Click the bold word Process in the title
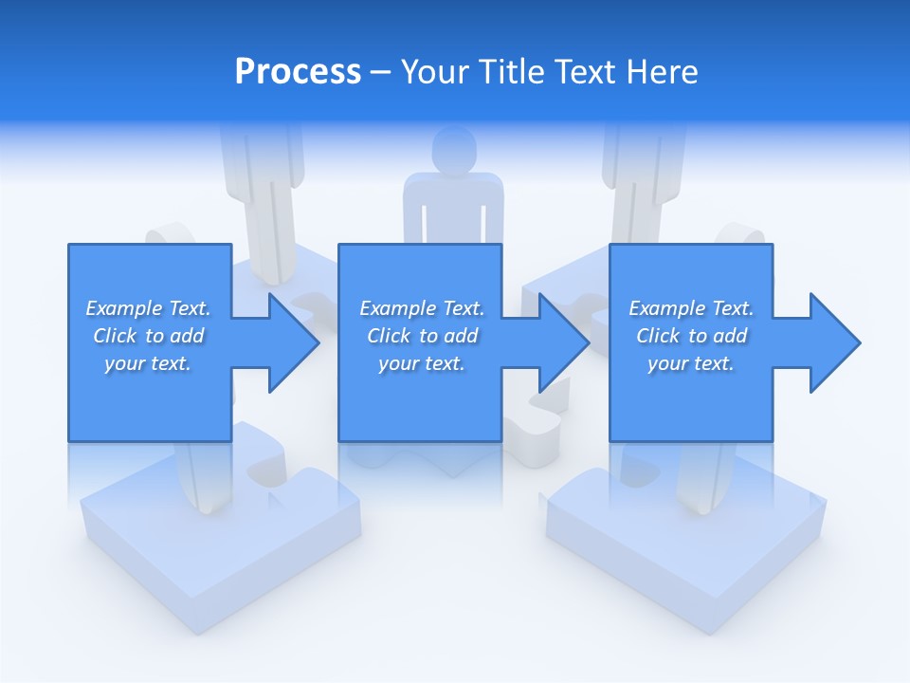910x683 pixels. point(298,72)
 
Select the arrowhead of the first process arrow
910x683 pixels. point(293,342)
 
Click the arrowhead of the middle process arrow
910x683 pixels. point(563,342)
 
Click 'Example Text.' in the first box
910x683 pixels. point(148,308)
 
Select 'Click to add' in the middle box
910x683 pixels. point(422,336)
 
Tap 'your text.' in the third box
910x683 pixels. point(691,363)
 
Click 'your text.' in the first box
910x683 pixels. point(148,363)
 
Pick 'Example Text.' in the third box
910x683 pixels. point(691,308)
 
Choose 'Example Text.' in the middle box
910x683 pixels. point(422,308)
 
